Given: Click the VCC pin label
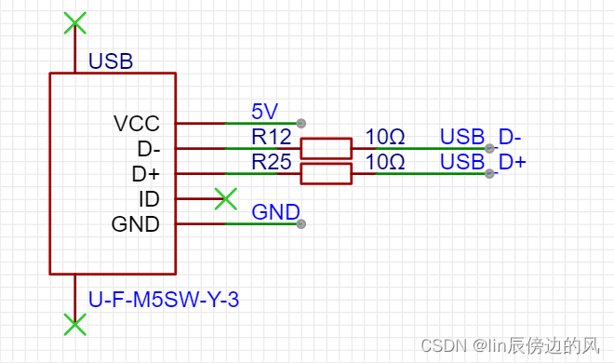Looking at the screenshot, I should point(136,123).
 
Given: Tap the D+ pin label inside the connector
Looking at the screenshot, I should point(146,173).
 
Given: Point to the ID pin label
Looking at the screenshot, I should point(149,198).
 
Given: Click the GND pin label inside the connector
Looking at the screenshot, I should point(136,223).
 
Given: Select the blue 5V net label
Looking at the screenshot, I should point(264,112).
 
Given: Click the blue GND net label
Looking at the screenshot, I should point(275,212).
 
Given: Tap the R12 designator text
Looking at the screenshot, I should point(271,137).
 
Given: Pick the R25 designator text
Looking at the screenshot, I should point(271,162).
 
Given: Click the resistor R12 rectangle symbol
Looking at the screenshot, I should point(326,148).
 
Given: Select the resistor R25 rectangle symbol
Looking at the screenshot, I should point(326,173).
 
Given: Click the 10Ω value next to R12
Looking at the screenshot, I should point(384,137).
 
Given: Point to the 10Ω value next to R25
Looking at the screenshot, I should point(384,162).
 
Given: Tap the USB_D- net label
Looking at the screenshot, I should point(480,137).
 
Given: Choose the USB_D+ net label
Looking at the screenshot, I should point(483,162).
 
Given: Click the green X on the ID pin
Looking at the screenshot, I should point(224,198).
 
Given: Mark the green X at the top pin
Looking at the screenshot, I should point(74,23).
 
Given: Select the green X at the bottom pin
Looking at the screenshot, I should point(74,324).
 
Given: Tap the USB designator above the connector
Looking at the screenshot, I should point(111,61).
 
